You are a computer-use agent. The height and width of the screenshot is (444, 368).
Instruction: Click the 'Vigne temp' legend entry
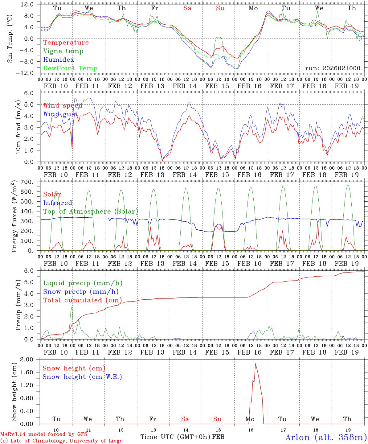(63, 51)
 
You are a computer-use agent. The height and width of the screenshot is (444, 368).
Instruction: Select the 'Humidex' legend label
(59, 60)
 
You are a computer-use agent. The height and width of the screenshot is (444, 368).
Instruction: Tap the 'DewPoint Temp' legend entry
(70, 68)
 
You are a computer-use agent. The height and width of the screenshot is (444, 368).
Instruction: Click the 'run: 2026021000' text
(333, 68)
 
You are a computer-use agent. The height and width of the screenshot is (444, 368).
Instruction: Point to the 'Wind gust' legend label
(60, 114)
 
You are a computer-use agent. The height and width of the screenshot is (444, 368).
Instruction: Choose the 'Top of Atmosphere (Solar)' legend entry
(90, 212)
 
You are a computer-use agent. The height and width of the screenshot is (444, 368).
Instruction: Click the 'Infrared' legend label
(58, 203)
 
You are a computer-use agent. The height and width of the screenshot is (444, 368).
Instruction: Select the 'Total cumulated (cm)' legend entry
(82, 300)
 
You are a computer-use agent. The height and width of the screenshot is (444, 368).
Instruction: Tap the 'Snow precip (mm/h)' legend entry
(81, 292)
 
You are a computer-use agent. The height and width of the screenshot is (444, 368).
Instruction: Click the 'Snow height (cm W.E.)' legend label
(82, 377)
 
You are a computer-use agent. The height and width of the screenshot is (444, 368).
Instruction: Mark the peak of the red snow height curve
(255, 364)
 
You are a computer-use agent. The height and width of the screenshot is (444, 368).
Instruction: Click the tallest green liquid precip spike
(72, 306)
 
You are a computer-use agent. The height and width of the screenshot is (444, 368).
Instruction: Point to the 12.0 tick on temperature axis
(27, 4)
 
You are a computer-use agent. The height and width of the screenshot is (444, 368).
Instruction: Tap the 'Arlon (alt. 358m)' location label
(326, 437)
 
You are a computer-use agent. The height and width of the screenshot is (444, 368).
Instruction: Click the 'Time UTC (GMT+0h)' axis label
(175, 437)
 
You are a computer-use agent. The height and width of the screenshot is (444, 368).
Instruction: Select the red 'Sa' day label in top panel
(187, 8)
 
